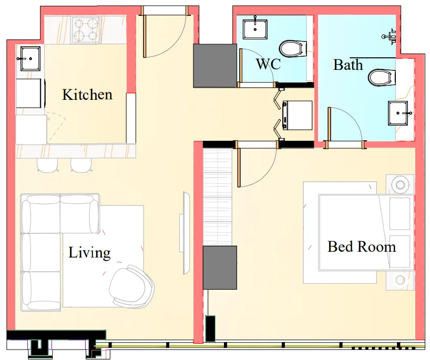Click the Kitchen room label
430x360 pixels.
click(x=87, y=95)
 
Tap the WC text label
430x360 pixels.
click(x=268, y=65)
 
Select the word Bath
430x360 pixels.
click(x=348, y=65)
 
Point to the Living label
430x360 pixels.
click(x=89, y=253)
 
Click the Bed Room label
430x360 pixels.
click(x=362, y=246)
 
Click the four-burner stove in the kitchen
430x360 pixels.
click(x=86, y=29)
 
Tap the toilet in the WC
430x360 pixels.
click(x=292, y=49)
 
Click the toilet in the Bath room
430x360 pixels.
click(x=382, y=77)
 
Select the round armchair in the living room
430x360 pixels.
click(x=131, y=287)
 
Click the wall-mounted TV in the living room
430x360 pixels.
click(x=185, y=232)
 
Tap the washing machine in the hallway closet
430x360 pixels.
click(x=297, y=115)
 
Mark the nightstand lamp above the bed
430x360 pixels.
click(x=401, y=184)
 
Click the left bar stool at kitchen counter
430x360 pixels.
click(x=47, y=165)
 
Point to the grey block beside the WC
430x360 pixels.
click(x=215, y=66)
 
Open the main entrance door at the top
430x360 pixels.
click(x=165, y=11)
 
